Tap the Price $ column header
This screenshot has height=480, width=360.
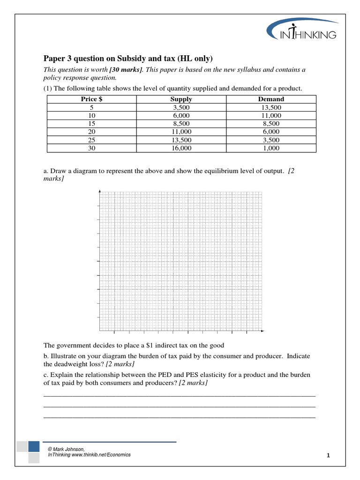tap(91, 99)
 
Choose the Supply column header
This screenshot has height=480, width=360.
tap(181, 99)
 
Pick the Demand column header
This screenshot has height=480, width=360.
tap(271, 99)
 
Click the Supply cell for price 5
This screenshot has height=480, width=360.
tap(181, 107)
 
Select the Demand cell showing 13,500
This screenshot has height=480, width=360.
tap(271, 107)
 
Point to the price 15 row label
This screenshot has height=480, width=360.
tap(91, 124)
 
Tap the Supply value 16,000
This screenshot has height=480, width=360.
tap(181, 148)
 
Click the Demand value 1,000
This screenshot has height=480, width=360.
tap(271, 148)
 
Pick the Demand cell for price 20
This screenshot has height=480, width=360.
tap(271, 132)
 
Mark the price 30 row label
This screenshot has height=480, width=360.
tap(91, 148)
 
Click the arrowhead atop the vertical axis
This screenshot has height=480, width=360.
tap(99, 191)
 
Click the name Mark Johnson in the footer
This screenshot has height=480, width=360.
tap(68, 449)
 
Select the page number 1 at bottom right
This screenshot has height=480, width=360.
tap(329, 456)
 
